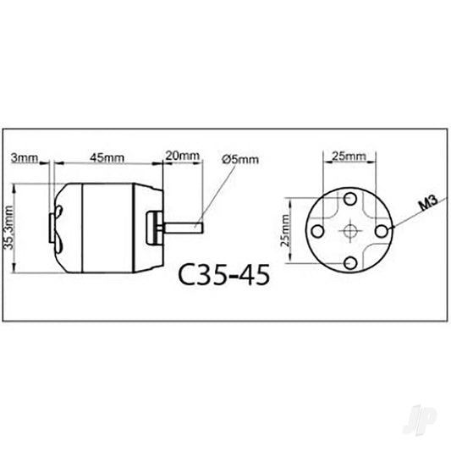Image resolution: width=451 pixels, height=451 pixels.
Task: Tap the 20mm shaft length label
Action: click(183, 156)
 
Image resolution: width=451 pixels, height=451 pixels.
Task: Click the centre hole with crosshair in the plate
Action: click(349, 228)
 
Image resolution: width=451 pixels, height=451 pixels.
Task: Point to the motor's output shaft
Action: click(185, 227)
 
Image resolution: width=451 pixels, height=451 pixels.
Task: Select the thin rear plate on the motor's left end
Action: click(50, 227)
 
